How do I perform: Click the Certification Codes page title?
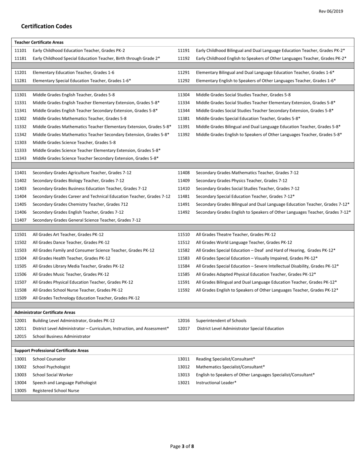[46, 26]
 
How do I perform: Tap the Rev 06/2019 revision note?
[330, 11]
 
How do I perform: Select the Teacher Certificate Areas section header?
[39, 42]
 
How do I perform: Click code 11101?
[20, 50]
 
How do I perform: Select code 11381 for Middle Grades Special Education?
[184, 119]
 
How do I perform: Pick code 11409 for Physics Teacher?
[184, 181]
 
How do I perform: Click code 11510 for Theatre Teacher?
[184, 235]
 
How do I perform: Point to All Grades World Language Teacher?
[244, 242]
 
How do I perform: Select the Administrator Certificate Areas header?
[45, 313]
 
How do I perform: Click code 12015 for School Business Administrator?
[20, 336]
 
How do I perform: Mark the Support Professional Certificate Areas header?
[52, 350]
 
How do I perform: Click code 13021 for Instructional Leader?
[184, 383]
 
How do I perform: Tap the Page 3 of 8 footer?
[182, 446]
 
